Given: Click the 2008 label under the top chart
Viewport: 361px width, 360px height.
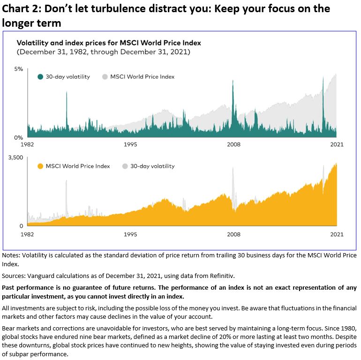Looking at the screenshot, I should (x=233, y=144).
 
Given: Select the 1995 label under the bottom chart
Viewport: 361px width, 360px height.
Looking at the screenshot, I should (x=130, y=233).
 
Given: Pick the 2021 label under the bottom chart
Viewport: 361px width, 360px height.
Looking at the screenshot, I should (x=337, y=233).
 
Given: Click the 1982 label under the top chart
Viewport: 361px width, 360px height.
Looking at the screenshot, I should (x=28, y=144).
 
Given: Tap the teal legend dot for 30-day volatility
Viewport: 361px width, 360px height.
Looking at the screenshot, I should (x=40, y=77).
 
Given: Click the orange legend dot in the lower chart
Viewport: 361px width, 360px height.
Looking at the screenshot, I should (x=40, y=166).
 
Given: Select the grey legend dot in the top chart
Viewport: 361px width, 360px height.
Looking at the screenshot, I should (x=105, y=77).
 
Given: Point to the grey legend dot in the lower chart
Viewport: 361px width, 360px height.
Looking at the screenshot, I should (x=125, y=166).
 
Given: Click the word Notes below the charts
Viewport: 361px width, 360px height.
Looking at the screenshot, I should (x=12, y=255).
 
